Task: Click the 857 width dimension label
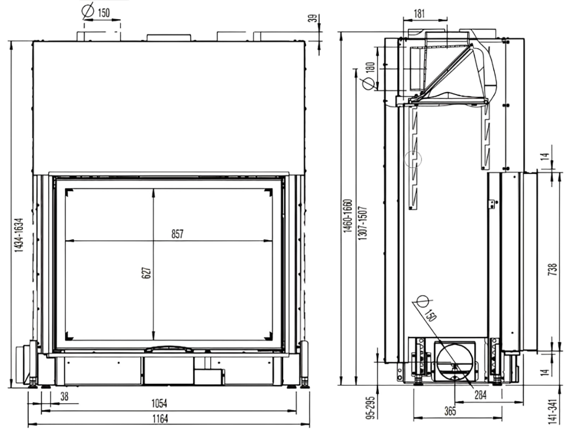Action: [x=177, y=234]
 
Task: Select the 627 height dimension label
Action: [x=146, y=273]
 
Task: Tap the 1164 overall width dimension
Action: [x=160, y=419]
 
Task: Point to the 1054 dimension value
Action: [x=159, y=403]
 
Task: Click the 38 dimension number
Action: [x=64, y=397]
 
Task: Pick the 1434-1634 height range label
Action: [x=19, y=235]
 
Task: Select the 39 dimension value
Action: [x=313, y=18]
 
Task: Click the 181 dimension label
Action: [x=419, y=13]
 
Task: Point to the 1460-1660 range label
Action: [x=347, y=216]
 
